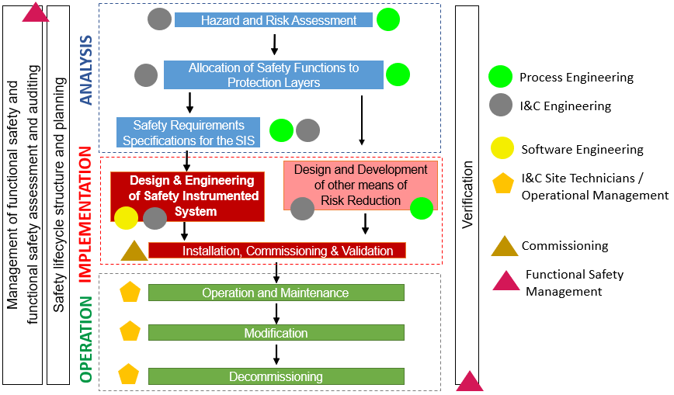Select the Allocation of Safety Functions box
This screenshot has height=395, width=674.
273,74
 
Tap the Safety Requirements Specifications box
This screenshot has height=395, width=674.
189,133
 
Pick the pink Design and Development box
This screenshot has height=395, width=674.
360,185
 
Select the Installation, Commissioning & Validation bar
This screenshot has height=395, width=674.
276,251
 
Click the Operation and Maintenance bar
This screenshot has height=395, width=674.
276,293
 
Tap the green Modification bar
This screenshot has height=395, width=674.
276,333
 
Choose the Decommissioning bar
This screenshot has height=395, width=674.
276,376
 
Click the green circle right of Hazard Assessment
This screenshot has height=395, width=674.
388,19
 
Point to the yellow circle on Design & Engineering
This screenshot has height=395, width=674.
127,219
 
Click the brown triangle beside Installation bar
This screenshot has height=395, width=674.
134,251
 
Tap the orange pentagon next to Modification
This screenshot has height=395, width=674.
130,332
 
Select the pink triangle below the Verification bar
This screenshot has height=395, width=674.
470,382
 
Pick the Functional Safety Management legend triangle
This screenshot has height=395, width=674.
506,281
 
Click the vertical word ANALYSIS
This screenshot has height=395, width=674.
86,70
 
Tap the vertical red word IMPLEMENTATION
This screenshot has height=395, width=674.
86,212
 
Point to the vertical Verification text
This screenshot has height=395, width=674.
467,194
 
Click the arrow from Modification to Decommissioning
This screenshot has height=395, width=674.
276,354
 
